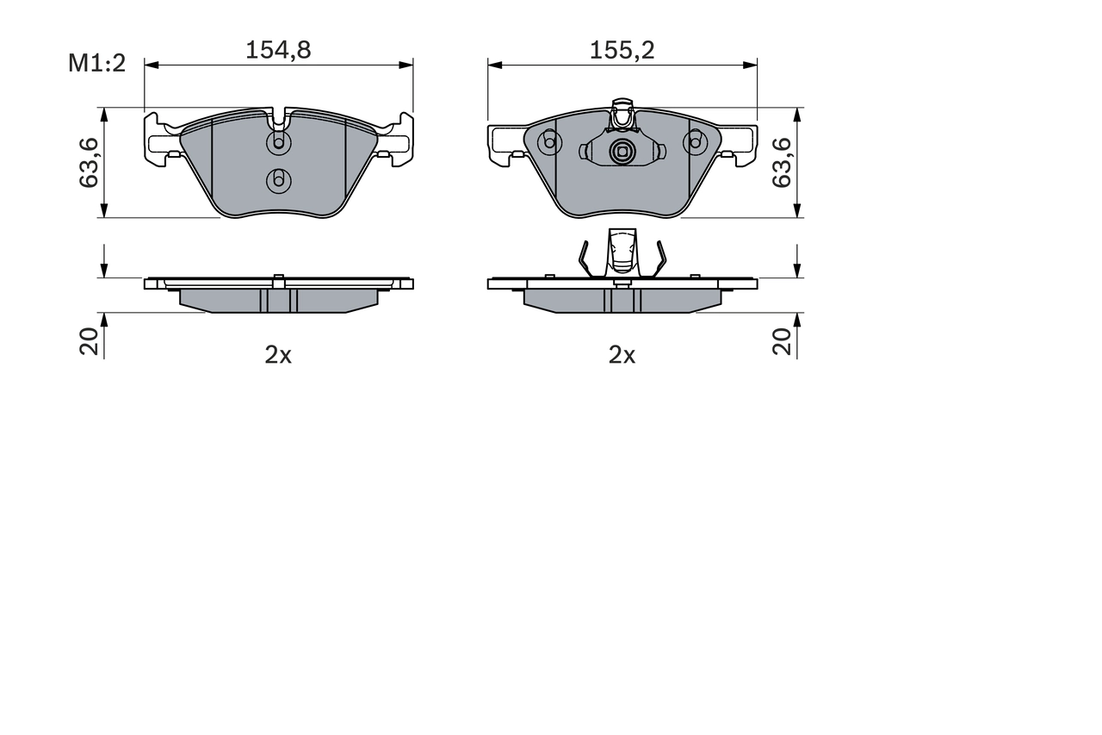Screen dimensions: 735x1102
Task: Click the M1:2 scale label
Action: click(x=97, y=63)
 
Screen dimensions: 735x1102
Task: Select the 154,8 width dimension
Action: click(x=278, y=50)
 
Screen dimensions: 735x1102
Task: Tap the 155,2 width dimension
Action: click(x=622, y=50)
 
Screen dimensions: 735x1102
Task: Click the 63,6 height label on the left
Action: click(x=88, y=163)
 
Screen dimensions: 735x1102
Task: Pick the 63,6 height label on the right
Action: click(x=781, y=163)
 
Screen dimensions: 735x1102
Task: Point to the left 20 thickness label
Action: click(x=89, y=343)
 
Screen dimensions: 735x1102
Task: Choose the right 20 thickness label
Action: click(x=781, y=343)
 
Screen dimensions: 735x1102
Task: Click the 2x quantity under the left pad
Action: click(x=278, y=355)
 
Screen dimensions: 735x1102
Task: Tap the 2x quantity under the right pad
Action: click(x=622, y=355)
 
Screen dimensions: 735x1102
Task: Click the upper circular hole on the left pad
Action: click(x=278, y=142)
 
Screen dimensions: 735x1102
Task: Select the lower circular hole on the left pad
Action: click(x=278, y=180)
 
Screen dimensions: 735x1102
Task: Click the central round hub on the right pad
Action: click(x=622, y=153)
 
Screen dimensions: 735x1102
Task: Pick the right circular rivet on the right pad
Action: click(x=695, y=142)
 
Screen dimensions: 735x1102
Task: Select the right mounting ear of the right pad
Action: click(x=741, y=143)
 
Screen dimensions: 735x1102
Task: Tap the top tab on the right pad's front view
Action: click(x=622, y=113)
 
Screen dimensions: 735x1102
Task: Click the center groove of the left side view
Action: click(x=278, y=299)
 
